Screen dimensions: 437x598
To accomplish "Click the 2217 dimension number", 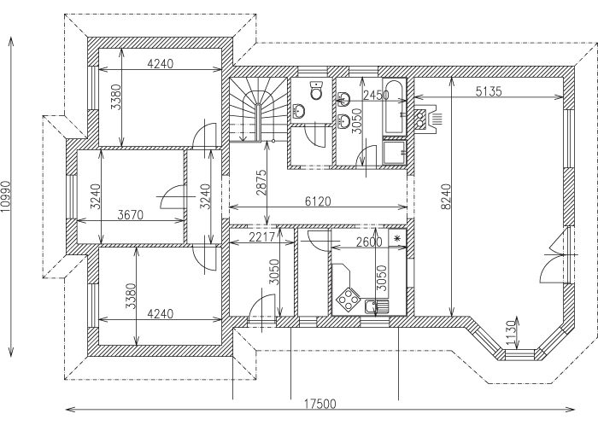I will (x=264, y=239).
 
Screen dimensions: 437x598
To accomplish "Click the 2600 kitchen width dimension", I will (x=368, y=242).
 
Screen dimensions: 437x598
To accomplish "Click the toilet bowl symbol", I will (x=316, y=91).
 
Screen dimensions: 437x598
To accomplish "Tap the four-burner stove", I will (x=348, y=299).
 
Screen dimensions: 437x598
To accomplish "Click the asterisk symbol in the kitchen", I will (x=397, y=239).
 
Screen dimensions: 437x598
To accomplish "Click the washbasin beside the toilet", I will (x=300, y=110).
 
